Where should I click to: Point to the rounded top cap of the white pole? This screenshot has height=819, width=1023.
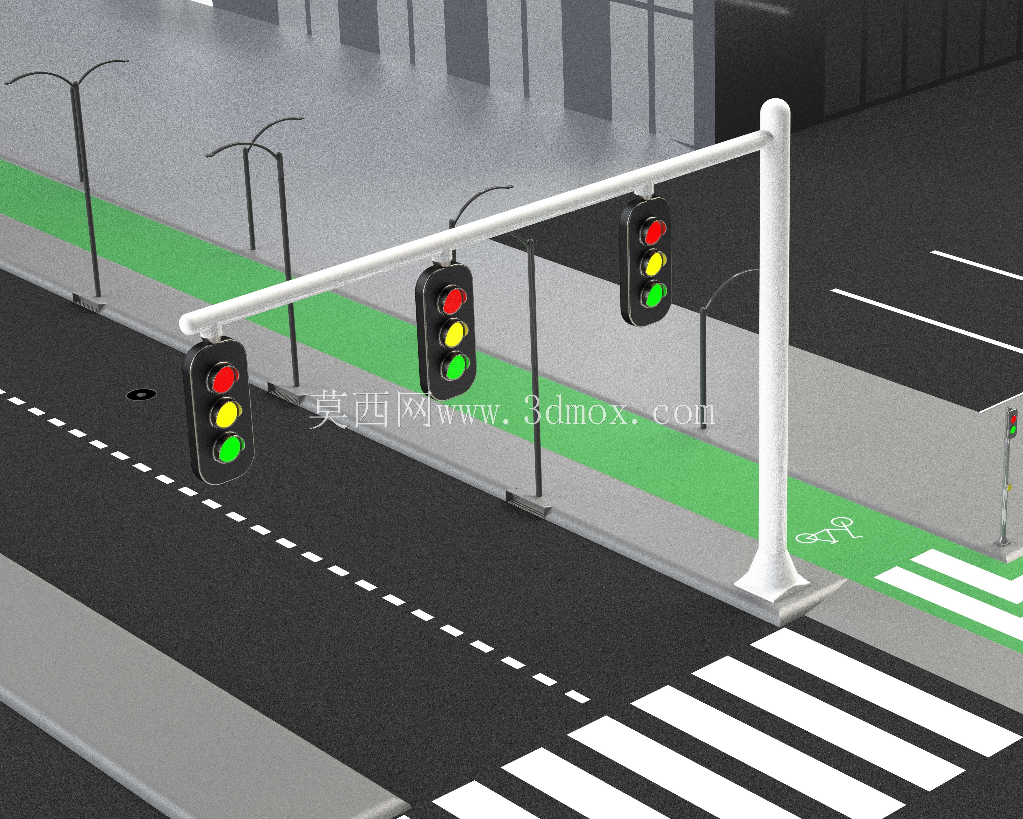[775, 107]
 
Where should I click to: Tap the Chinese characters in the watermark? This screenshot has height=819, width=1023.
[370, 409]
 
